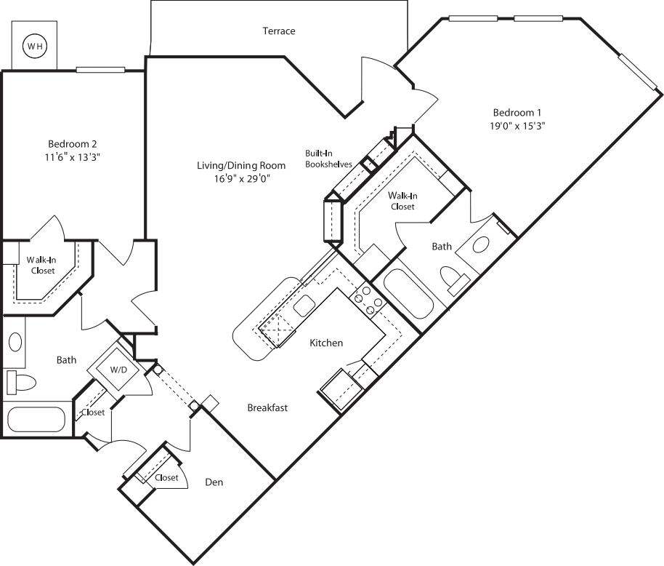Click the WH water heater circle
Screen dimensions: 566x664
pos(35,47)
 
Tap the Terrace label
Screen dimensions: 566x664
pos(279,31)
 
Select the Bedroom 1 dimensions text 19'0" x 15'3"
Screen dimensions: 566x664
pos(518,125)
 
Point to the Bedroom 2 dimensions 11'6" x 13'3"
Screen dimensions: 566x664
pos(73,156)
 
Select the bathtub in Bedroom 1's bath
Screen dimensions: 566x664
pos(408,294)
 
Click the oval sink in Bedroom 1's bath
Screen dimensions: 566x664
pos(482,244)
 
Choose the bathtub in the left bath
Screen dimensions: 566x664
pos(36,420)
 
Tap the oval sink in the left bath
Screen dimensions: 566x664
pos(15,343)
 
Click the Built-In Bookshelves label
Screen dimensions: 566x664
pos(328,159)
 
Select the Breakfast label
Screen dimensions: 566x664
pos(267,407)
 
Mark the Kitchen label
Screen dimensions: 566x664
pos(326,343)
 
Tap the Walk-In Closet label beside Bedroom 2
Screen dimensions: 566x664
pos(41,265)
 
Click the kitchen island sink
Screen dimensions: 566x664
pos(304,306)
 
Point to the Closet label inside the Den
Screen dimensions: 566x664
pos(166,478)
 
